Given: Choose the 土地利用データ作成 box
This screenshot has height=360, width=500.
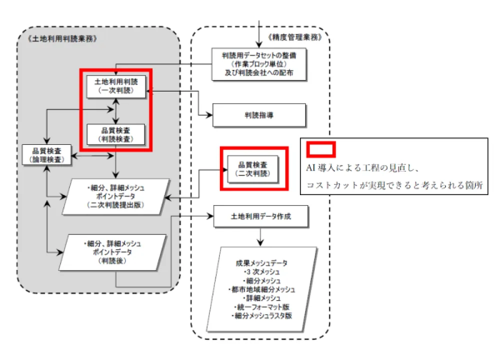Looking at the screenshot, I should [x=261, y=217].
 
